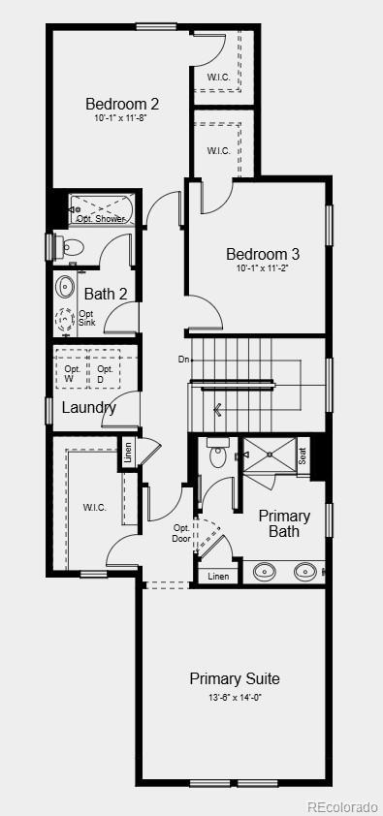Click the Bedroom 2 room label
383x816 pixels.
(122, 104)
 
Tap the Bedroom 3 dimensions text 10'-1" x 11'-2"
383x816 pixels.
(262, 269)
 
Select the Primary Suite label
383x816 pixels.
(235, 678)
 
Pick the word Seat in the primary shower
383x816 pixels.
(303, 455)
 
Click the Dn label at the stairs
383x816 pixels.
(183, 360)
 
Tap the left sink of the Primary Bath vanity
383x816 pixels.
(265, 572)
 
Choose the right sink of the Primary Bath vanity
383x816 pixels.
(304, 572)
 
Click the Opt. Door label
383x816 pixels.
(181, 534)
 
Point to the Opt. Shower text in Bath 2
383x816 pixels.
(101, 219)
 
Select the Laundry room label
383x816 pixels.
(89, 407)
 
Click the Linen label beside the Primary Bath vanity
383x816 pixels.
(218, 576)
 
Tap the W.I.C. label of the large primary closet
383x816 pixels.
(94, 508)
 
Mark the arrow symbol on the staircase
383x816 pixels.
(218, 410)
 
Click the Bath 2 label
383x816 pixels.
(106, 294)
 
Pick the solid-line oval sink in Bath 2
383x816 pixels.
(66, 287)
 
